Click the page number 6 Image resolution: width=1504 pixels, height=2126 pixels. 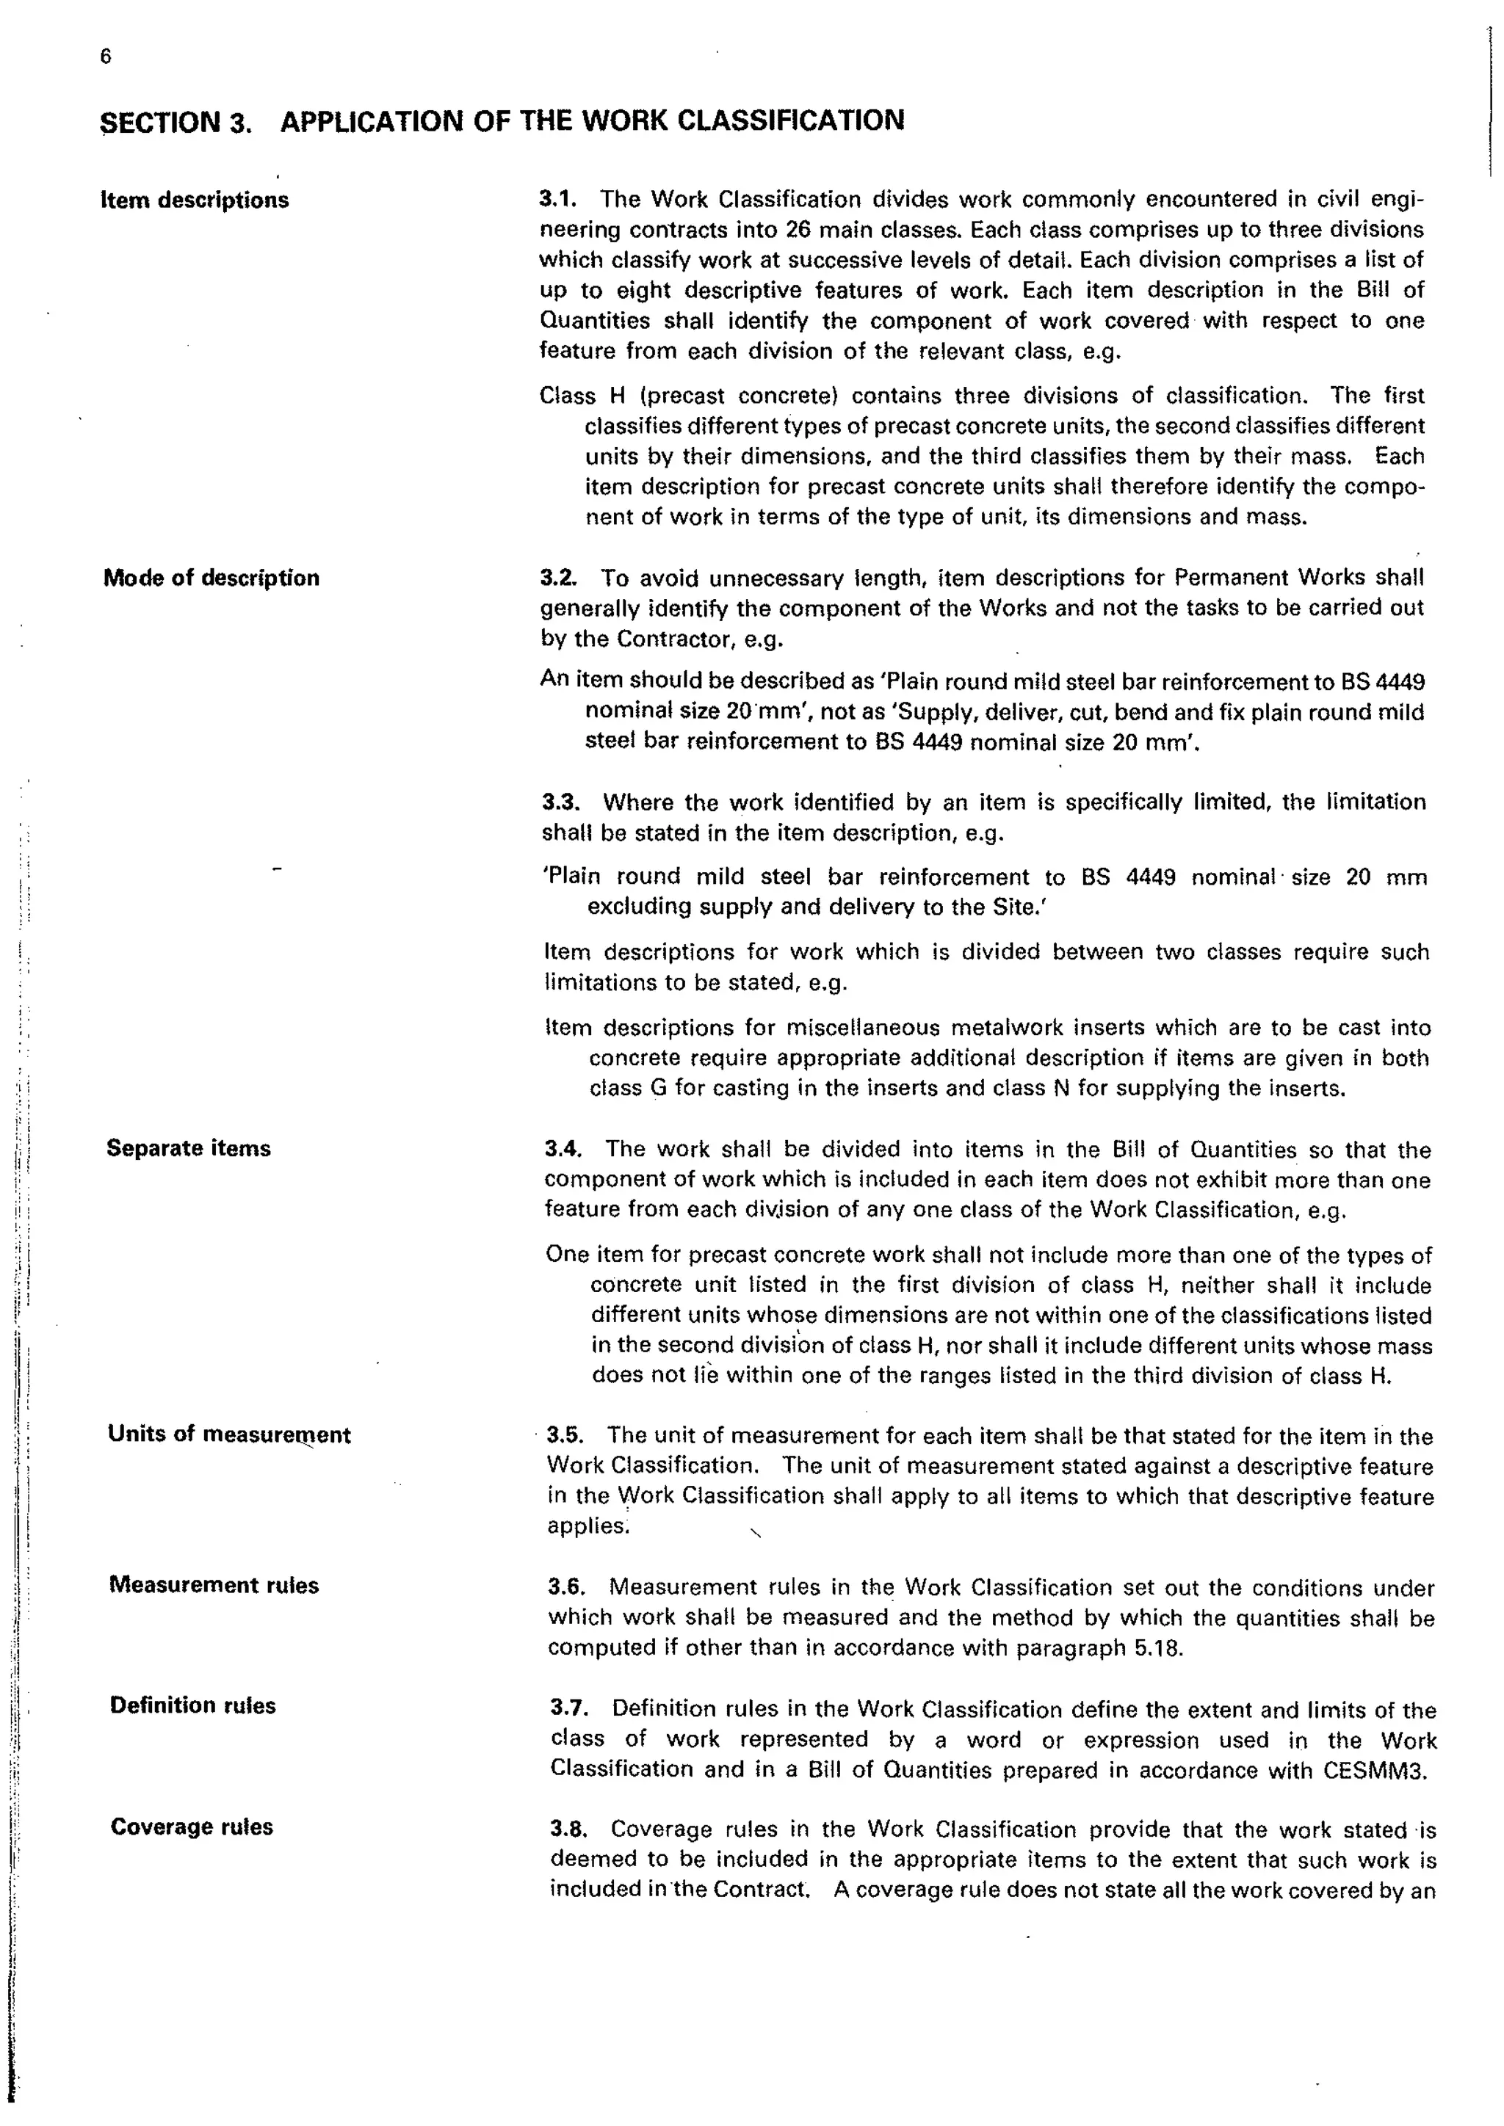click(106, 57)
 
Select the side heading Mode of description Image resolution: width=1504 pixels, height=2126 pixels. click(211, 578)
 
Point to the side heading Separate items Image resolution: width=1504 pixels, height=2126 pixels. click(189, 1148)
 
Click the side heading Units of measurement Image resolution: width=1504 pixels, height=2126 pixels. click(228, 1434)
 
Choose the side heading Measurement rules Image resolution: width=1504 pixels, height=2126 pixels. click(214, 1584)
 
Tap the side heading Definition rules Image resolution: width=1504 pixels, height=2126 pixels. click(192, 1705)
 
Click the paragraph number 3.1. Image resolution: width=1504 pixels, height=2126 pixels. click(557, 199)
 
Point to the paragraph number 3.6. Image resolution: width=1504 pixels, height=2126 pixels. click(565, 1587)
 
